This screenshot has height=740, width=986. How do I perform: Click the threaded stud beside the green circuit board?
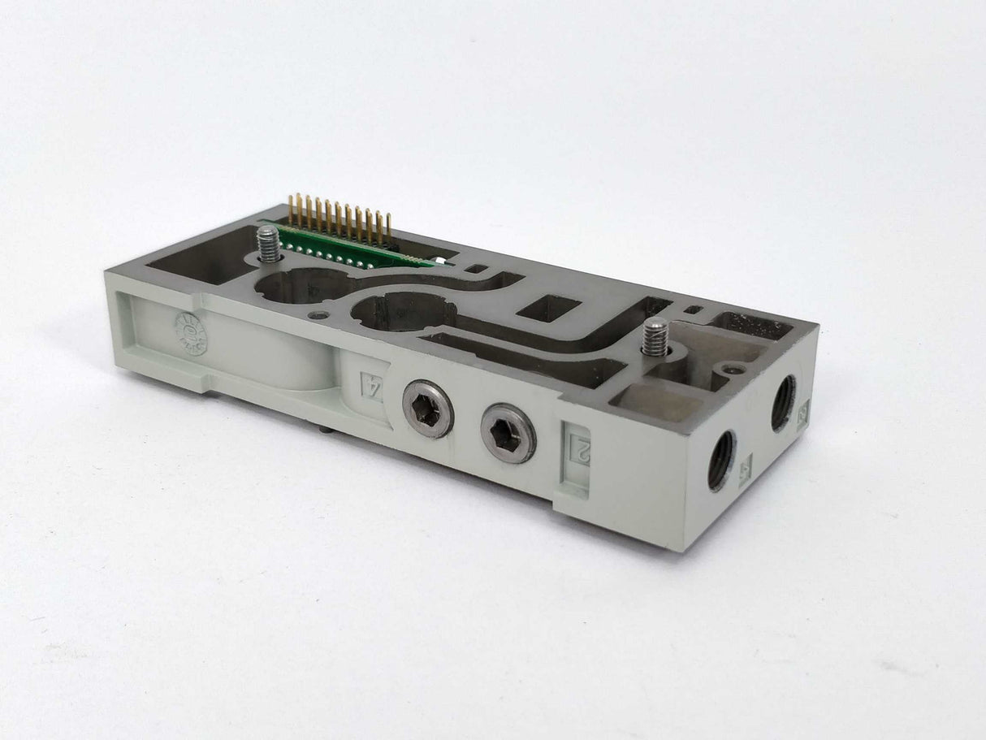(268, 243)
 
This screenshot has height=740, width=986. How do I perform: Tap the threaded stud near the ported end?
(655, 336)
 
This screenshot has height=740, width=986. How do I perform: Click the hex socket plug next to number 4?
(428, 409)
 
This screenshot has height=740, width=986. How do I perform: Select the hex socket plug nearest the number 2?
(508, 433)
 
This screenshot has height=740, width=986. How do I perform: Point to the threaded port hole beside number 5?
(720, 460)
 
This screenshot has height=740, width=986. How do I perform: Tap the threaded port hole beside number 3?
(783, 403)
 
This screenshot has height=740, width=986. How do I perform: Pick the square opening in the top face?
(549, 308)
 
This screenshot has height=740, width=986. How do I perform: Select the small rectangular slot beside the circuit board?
(478, 268)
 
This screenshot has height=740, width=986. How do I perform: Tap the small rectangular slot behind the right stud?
(692, 309)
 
